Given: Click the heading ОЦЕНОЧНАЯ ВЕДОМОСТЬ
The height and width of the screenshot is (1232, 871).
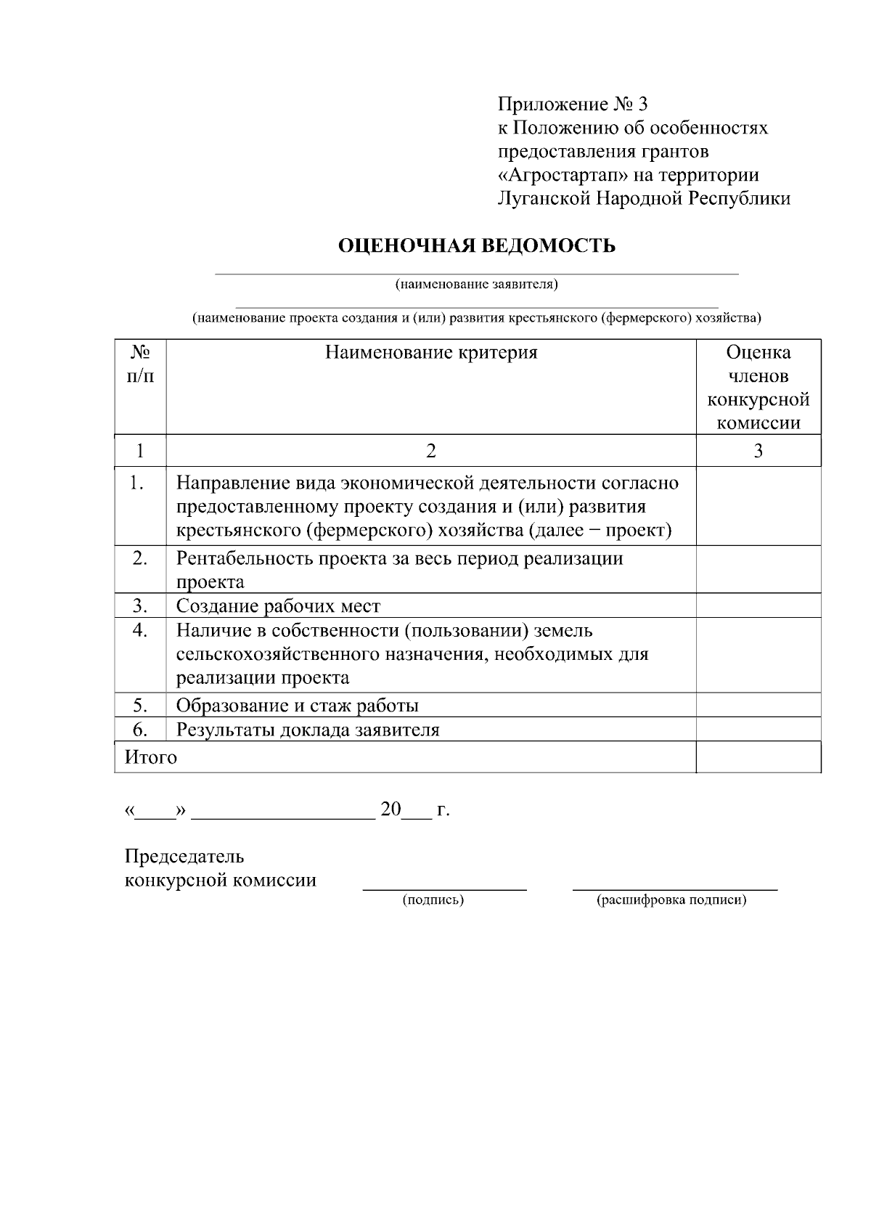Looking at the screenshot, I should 477,246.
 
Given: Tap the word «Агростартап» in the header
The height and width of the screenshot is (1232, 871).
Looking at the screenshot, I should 563,175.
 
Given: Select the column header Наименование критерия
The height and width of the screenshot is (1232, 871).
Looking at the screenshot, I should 431,353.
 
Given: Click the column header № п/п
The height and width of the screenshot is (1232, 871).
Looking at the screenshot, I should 140,364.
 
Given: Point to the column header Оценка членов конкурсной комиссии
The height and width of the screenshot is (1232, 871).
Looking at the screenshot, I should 758,388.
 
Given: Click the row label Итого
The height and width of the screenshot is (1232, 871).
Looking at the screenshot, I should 151,757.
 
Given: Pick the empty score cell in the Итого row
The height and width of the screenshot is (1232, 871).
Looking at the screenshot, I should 758,757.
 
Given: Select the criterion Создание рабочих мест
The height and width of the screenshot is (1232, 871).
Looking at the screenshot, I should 278,606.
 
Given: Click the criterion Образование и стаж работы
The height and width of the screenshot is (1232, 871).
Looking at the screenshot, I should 297,706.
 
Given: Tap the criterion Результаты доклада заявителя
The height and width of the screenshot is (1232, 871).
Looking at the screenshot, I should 308,730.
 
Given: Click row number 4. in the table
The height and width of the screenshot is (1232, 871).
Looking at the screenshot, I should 140,630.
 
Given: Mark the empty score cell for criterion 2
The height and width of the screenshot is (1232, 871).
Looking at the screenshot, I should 758,570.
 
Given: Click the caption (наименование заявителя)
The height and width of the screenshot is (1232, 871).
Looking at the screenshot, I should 476,284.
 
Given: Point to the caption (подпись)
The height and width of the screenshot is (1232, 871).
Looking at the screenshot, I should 433,901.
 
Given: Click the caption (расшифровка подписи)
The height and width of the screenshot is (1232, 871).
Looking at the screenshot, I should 671,901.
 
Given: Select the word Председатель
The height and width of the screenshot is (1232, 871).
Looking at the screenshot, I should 184,857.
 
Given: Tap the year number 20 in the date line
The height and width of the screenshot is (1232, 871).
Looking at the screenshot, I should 390,809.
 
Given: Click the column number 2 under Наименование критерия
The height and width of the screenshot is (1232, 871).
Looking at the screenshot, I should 431,451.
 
